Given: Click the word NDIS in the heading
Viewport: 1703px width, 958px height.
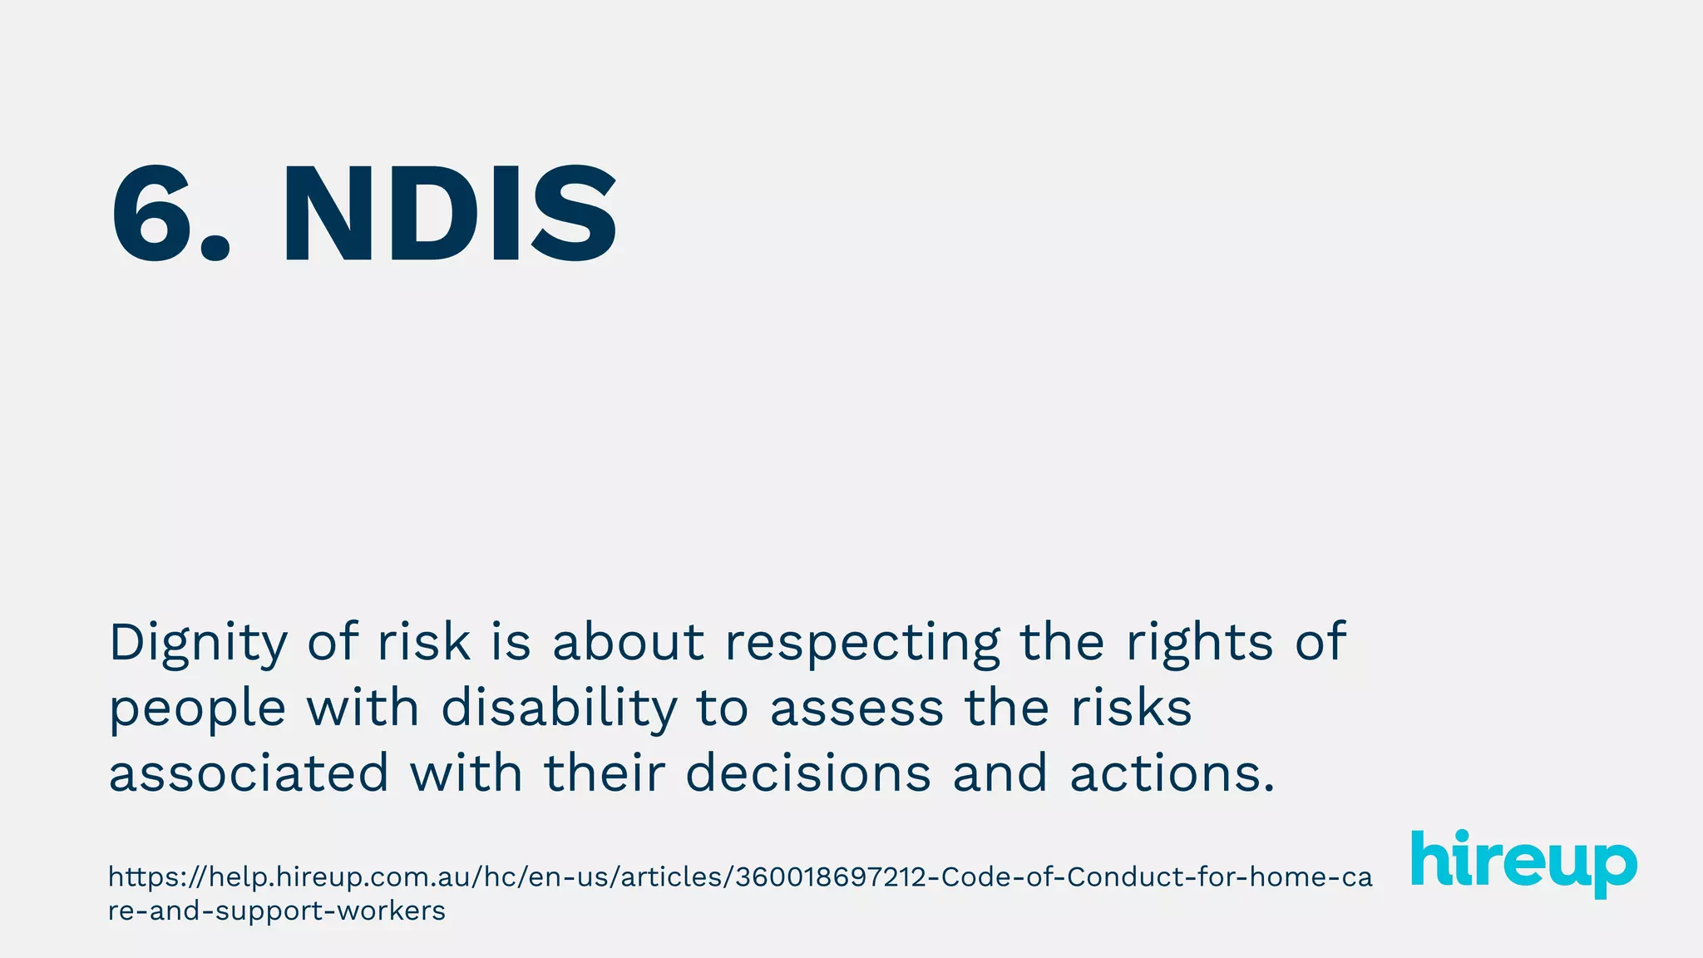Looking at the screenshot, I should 450,215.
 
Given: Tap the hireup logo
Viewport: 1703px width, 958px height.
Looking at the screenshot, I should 1523,862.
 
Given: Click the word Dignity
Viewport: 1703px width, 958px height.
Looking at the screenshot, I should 198,644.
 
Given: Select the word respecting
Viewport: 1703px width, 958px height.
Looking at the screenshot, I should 862,644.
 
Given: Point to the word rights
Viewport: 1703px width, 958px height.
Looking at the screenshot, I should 1199,642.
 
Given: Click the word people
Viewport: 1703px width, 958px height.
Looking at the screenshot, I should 198,710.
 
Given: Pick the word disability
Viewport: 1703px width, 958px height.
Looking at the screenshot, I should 559,709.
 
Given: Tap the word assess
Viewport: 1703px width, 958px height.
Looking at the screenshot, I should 856,709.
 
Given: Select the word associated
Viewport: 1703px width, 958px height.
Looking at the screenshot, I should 249,773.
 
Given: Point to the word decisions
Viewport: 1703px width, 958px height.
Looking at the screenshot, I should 808,773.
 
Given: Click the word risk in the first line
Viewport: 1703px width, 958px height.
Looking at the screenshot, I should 424,642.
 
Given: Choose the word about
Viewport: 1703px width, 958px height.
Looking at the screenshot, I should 629,642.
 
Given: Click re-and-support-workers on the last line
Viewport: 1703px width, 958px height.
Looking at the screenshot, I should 276,911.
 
